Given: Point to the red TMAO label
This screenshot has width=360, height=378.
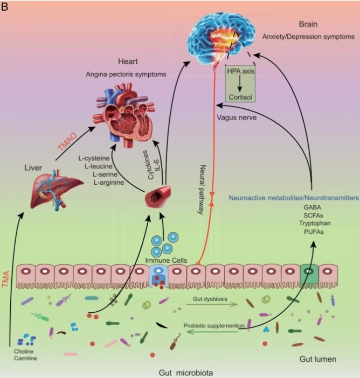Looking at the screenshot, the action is tap(67, 142).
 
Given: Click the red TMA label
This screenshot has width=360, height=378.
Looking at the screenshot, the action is tap(5, 279).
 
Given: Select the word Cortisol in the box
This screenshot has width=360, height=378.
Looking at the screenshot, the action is tap(240, 97).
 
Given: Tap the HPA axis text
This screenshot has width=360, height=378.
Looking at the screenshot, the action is tap(240, 71).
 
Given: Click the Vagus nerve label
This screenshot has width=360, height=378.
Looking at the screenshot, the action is tap(237, 117).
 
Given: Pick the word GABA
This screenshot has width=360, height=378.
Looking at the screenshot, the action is tap(312, 207).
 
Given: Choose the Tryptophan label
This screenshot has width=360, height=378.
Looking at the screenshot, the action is tap(315, 223).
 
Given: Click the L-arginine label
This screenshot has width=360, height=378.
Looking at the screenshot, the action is tap(109, 183).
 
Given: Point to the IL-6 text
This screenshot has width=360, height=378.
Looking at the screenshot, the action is tap(158, 164).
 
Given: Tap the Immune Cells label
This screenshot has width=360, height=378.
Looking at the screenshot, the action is tap(166, 261).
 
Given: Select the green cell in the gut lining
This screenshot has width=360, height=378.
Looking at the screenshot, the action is tap(309, 276).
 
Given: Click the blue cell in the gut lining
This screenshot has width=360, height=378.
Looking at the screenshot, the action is tap(158, 276).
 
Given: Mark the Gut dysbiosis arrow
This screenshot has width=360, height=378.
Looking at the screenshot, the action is tap(212, 304).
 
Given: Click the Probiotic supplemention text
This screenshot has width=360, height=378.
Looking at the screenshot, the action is tap(214, 326).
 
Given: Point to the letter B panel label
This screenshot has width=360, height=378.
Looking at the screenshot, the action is tap(4, 7).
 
